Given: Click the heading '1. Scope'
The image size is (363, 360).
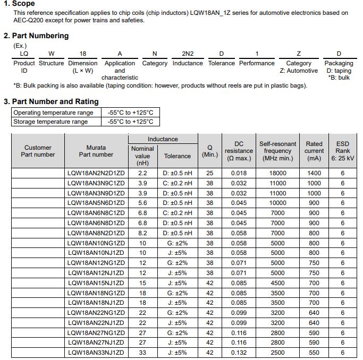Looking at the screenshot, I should coord(19,4).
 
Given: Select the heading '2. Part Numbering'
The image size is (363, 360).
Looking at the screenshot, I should coord(36,36).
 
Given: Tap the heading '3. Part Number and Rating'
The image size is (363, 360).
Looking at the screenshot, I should coord(51,101).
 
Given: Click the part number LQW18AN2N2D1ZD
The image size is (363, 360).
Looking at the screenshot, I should coord(96,173).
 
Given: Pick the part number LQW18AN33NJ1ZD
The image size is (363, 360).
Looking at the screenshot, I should coord(96,353).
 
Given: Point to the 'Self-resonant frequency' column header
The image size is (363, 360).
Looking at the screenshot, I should coord(277,151).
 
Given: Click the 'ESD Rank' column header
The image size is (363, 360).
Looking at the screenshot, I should coord(342,151).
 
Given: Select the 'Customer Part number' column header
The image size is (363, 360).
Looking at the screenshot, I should coord(38,151).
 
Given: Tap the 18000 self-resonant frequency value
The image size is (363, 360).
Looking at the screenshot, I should coord(277,173).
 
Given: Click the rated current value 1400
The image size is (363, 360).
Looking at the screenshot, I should coord(314,173).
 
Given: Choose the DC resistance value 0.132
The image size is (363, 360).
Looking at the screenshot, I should coord(239,353).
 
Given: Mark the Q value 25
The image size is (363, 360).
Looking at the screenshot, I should coord(210,173).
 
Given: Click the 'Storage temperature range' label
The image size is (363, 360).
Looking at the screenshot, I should coord(50,122).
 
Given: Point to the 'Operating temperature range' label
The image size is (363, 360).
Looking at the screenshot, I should coord(53,113).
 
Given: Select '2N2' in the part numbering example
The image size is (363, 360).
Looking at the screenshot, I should coord(188,54).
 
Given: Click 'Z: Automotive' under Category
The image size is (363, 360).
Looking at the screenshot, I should coord(298,71).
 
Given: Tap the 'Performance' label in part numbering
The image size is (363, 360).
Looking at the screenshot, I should coord(257,63).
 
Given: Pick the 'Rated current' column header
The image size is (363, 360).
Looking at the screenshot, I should coord(314,151).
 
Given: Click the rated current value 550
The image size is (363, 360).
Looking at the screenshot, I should coord(314,353).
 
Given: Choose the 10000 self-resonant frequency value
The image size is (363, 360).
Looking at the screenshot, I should coord(277,203).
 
